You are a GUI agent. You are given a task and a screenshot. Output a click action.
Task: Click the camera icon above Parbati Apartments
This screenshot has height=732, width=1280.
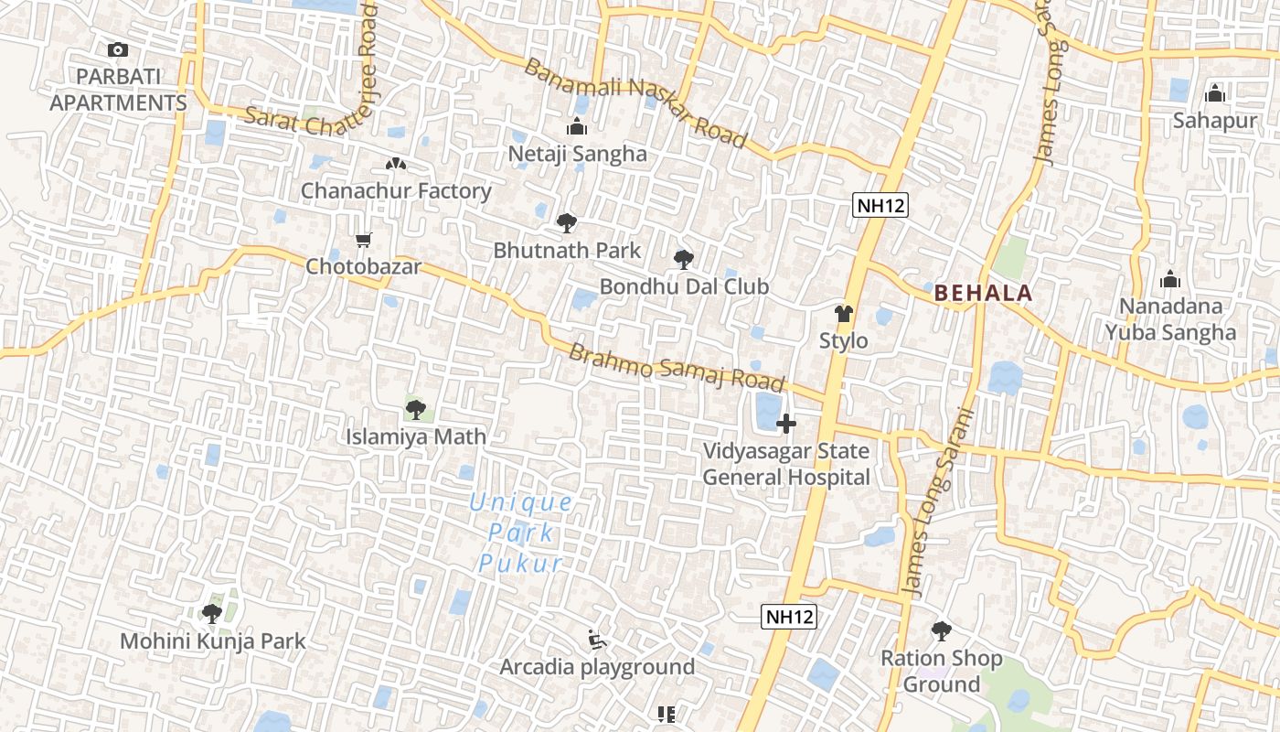[x=117, y=50]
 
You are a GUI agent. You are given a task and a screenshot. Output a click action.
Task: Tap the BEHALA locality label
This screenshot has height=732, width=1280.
[x=983, y=294]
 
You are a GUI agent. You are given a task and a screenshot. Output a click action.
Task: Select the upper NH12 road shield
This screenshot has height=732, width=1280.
[x=880, y=205]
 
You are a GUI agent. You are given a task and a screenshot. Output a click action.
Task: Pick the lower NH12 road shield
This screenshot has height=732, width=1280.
[x=788, y=617]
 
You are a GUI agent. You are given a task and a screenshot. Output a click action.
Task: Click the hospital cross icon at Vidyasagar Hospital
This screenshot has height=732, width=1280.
[x=786, y=424]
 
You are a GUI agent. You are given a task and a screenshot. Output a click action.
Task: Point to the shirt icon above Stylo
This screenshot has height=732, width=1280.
[x=843, y=314]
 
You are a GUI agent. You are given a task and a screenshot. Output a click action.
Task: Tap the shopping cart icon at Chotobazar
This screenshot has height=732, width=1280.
[x=364, y=241]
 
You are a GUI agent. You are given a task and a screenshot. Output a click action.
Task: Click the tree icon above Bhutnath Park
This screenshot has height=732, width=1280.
[x=567, y=222]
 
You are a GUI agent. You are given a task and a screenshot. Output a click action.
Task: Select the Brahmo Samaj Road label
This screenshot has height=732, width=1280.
[x=677, y=367]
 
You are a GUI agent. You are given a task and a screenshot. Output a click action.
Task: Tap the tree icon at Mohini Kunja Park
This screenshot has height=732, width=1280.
[x=212, y=613]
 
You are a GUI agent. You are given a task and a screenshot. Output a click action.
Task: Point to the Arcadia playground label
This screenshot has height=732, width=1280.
[x=597, y=667]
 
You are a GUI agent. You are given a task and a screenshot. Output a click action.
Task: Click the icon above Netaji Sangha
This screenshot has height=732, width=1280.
[x=577, y=126]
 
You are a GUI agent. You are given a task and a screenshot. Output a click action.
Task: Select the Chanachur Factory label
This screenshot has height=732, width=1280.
[x=396, y=191]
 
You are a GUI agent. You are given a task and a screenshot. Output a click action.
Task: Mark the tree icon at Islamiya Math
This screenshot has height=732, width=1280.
[x=416, y=409]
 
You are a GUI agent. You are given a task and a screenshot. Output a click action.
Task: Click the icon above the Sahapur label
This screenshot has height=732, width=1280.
[x=1214, y=93]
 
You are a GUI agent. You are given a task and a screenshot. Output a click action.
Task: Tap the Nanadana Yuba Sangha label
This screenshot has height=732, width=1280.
[x=1170, y=319]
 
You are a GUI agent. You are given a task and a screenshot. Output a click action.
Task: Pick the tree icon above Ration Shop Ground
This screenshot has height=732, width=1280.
[x=941, y=630]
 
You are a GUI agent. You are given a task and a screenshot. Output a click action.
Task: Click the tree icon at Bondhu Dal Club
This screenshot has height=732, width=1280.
[x=683, y=260]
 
